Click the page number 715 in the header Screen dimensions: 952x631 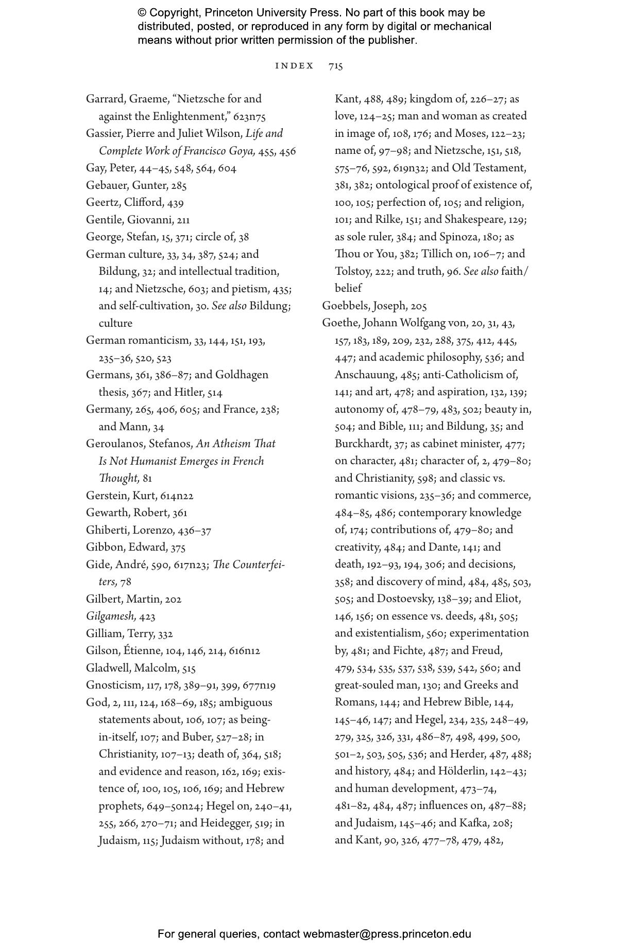pyautogui.click(x=336, y=66)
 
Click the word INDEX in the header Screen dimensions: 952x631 pyautogui.click(x=295, y=66)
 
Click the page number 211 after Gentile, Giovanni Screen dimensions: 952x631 pyautogui.click(x=183, y=220)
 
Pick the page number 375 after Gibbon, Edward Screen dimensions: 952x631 pyautogui.click(x=178, y=548)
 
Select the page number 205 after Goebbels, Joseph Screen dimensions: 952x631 pyautogui.click(x=419, y=306)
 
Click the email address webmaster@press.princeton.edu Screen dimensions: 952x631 pyautogui.click(x=387, y=934)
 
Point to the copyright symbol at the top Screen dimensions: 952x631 pyautogui.click(x=142, y=13)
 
